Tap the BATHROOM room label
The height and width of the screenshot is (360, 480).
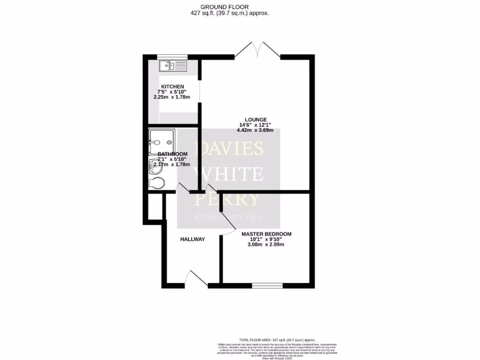172,154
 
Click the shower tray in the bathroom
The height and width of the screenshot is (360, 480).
161,141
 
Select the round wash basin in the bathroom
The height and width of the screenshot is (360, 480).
155,165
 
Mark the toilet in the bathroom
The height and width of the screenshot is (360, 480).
156,183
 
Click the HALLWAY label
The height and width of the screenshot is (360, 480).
193,239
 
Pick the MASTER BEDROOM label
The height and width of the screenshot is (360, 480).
266,234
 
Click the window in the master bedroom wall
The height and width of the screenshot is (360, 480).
267,285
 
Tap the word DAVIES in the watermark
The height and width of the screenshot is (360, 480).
229,149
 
